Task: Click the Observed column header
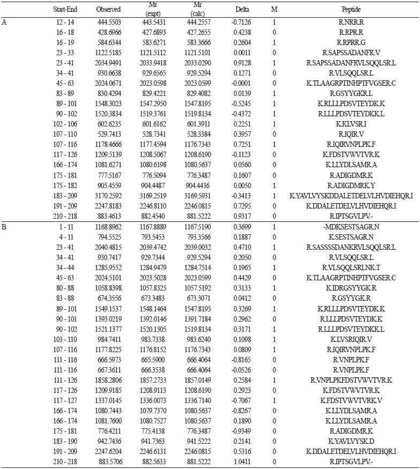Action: [108, 10]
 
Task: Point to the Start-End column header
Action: [64, 10]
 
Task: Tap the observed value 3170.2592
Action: [108, 196]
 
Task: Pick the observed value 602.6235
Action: [108, 139]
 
